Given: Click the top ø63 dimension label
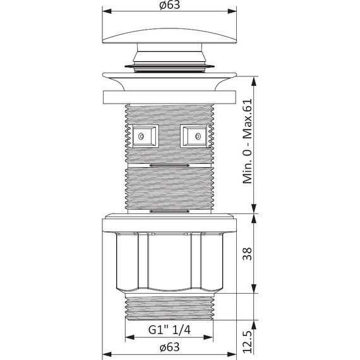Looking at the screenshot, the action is pyautogui.click(x=169, y=5).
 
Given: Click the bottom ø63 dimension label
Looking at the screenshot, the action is pyautogui.click(x=169, y=347).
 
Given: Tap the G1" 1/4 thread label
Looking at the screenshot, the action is pyautogui.click(x=169, y=330).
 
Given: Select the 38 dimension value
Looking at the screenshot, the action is pyautogui.click(x=248, y=254).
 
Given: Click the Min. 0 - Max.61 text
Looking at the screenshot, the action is pyautogui.click(x=248, y=141).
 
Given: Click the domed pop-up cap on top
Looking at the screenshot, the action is pyautogui.click(x=169, y=36).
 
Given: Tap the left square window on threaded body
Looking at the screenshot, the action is pyautogui.click(x=145, y=136).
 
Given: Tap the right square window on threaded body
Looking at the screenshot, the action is pyautogui.click(x=194, y=136).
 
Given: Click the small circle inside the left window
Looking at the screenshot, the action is pyautogui.click(x=141, y=136).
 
